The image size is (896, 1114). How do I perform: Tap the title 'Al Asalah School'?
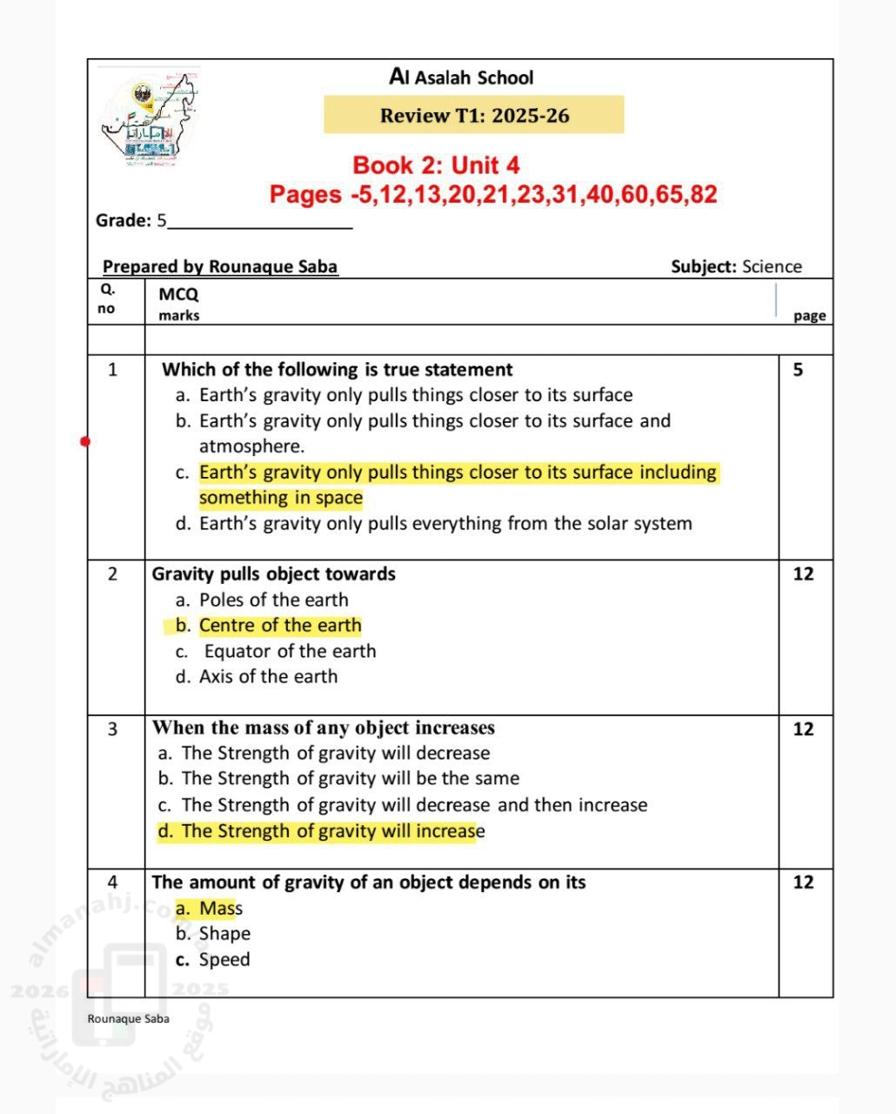(461, 77)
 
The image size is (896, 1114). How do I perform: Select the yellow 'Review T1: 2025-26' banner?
(474, 116)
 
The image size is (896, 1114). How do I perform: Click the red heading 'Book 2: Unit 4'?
(436, 165)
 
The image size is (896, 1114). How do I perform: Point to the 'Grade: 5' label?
(131, 221)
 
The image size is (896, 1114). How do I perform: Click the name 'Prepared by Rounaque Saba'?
(220, 267)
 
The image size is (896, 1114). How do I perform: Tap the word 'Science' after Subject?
(772, 267)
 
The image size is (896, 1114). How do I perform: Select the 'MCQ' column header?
(178, 294)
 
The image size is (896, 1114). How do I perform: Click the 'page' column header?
(809, 316)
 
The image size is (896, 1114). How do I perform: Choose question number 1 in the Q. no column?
(112, 370)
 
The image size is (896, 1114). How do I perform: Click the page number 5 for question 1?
(799, 370)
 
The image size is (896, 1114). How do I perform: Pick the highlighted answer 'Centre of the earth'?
(279, 626)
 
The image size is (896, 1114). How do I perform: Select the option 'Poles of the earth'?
(273, 600)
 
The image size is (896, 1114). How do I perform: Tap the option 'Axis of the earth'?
(268, 676)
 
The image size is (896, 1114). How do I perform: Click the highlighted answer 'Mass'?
(220, 909)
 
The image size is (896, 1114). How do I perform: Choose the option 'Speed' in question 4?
(224, 960)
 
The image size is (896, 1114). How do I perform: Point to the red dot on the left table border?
(85, 441)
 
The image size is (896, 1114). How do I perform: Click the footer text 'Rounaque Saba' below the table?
(128, 1019)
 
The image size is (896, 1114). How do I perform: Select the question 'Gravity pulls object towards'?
(273, 574)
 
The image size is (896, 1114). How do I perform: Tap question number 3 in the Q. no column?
(112, 729)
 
